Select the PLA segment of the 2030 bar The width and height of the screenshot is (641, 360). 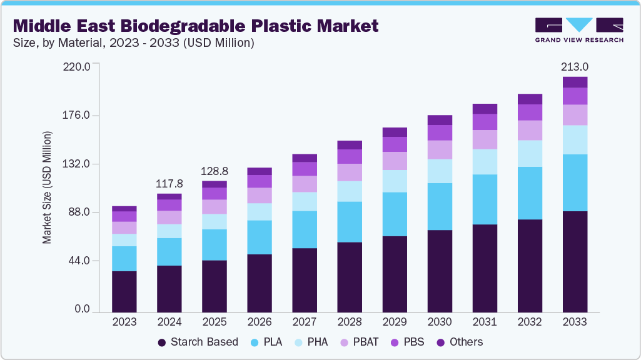click(440, 206)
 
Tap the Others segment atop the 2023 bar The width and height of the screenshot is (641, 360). click(124, 209)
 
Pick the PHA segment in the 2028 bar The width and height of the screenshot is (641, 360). click(350, 191)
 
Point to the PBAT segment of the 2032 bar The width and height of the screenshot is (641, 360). click(530, 130)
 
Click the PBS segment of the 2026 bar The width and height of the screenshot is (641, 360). click(260, 181)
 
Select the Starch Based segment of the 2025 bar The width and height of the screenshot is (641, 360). click(215, 286)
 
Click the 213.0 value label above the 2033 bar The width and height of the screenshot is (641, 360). click(575, 66)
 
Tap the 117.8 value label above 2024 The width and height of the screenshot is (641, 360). click(169, 184)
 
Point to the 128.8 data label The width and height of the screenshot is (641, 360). click(215, 171)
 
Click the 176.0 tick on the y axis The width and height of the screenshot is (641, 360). click(78, 115)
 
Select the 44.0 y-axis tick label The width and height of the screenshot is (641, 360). click(81, 261)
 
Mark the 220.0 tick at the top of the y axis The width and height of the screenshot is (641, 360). click(78, 66)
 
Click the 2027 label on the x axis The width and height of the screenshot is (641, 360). click(305, 322)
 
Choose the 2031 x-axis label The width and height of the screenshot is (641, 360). click(485, 322)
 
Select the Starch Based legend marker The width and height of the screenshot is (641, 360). click(163, 342)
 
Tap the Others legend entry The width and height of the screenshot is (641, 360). click(460, 342)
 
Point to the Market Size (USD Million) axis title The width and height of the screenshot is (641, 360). click(47, 187)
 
